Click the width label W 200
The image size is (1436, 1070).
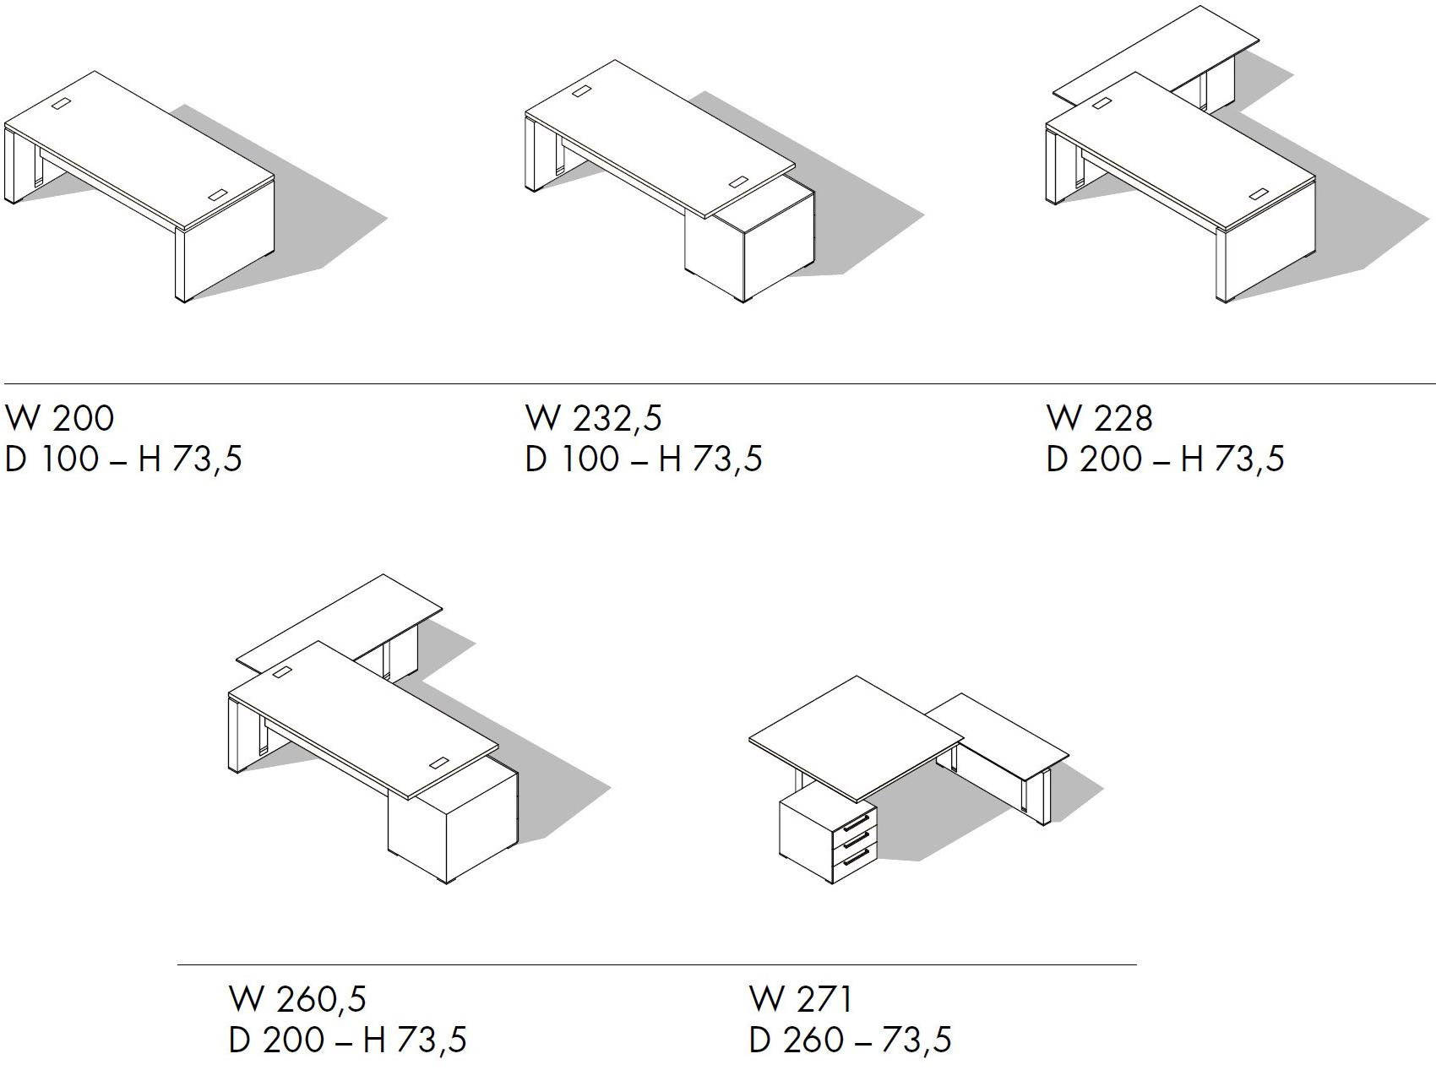pyautogui.click(x=59, y=418)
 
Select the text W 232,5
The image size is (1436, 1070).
pyautogui.click(x=594, y=418)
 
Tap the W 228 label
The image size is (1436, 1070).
pyautogui.click(x=1099, y=418)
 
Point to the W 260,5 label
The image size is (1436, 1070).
pyautogui.click(x=297, y=999)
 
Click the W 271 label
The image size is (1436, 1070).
pyautogui.click(x=801, y=999)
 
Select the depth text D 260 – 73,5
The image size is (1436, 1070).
pyautogui.click(x=850, y=1040)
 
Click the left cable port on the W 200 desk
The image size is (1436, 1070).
pyautogui.click(x=63, y=105)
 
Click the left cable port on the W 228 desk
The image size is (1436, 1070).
pyautogui.click(x=1101, y=105)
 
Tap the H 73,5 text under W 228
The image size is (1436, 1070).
pyautogui.click(x=1232, y=459)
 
